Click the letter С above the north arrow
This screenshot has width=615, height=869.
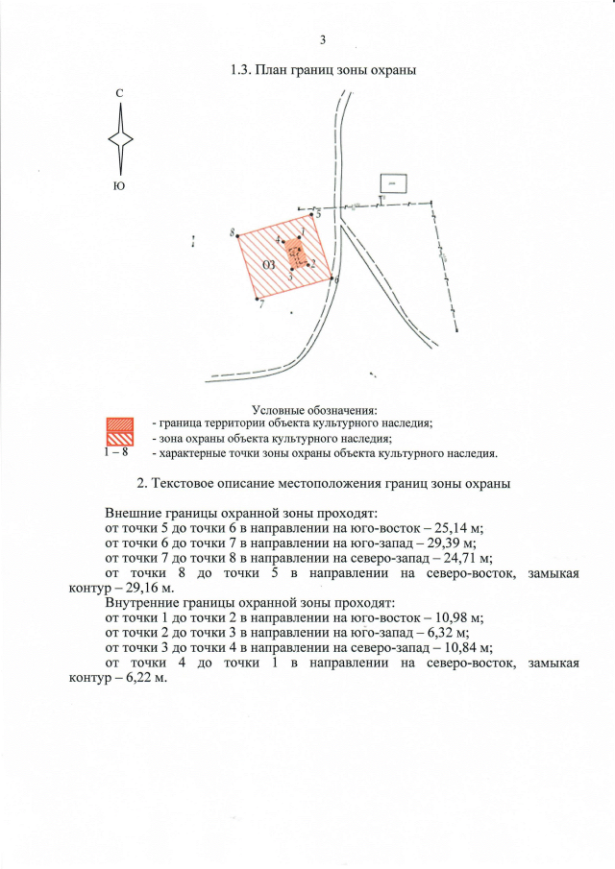click(119, 93)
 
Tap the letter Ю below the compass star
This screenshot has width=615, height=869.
click(119, 185)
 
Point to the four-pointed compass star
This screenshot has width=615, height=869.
click(120, 138)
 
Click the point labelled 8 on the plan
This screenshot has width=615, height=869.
click(238, 235)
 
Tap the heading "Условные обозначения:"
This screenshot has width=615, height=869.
click(313, 411)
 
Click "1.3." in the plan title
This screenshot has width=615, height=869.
click(241, 70)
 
